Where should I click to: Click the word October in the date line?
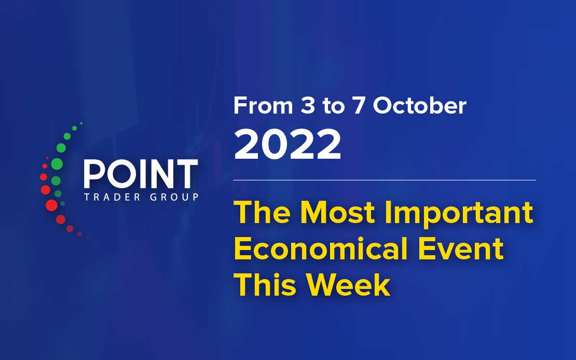coord(419,105)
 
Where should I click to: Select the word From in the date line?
coord(263,105)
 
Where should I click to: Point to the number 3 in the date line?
coord(308,106)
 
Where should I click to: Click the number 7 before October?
coord(359,106)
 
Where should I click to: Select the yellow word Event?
coord(461,249)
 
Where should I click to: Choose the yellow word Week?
coord(348,285)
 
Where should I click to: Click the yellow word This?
coord(265,285)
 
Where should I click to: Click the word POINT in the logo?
coord(141,174)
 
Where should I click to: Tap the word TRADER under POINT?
coord(113,197)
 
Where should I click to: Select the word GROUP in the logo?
coord(174,197)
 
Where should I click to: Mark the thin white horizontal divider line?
coord(384,181)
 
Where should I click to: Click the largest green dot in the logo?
coord(57,164)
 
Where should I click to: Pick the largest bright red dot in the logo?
coord(51,205)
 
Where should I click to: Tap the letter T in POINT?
coord(186,174)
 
